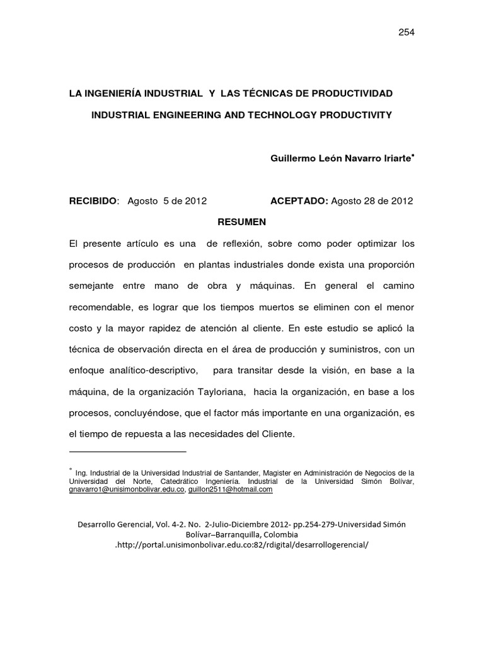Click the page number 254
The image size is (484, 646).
[405, 32]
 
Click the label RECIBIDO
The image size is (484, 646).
[93, 201]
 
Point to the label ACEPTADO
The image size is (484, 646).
[299, 201]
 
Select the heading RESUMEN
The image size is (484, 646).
[242, 221]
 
